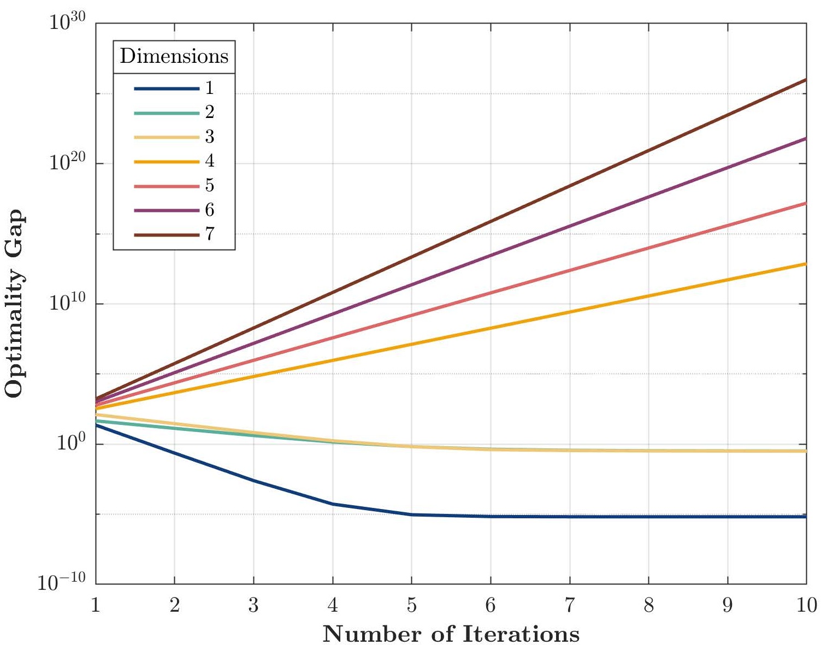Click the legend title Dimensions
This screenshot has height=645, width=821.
pyautogui.click(x=174, y=56)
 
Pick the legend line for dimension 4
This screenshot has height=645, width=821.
pyautogui.click(x=167, y=162)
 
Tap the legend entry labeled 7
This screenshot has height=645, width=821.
pyautogui.click(x=209, y=235)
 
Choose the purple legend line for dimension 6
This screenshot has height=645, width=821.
pyautogui.click(x=167, y=210)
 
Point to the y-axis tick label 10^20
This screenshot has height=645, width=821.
pyautogui.click(x=67, y=163)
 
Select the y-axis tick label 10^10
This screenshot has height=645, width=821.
pyautogui.click(x=67, y=304)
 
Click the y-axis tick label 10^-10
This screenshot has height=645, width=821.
pyautogui.click(x=62, y=583)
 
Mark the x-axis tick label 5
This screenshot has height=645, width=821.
pyautogui.click(x=411, y=606)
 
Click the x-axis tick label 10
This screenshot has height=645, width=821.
pyautogui.click(x=806, y=606)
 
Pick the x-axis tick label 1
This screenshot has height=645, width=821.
pyautogui.click(x=96, y=606)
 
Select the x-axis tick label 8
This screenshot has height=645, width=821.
pyautogui.click(x=648, y=606)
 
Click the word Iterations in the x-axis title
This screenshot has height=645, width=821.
pyautogui.click(x=521, y=635)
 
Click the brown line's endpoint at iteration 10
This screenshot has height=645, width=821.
pyautogui.click(x=806, y=80)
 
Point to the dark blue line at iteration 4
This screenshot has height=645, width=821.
pyautogui.click(x=333, y=504)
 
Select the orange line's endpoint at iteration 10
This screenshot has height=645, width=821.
pyautogui.click(x=806, y=264)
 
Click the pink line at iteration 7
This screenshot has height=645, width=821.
pyautogui.click(x=570, y=270)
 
